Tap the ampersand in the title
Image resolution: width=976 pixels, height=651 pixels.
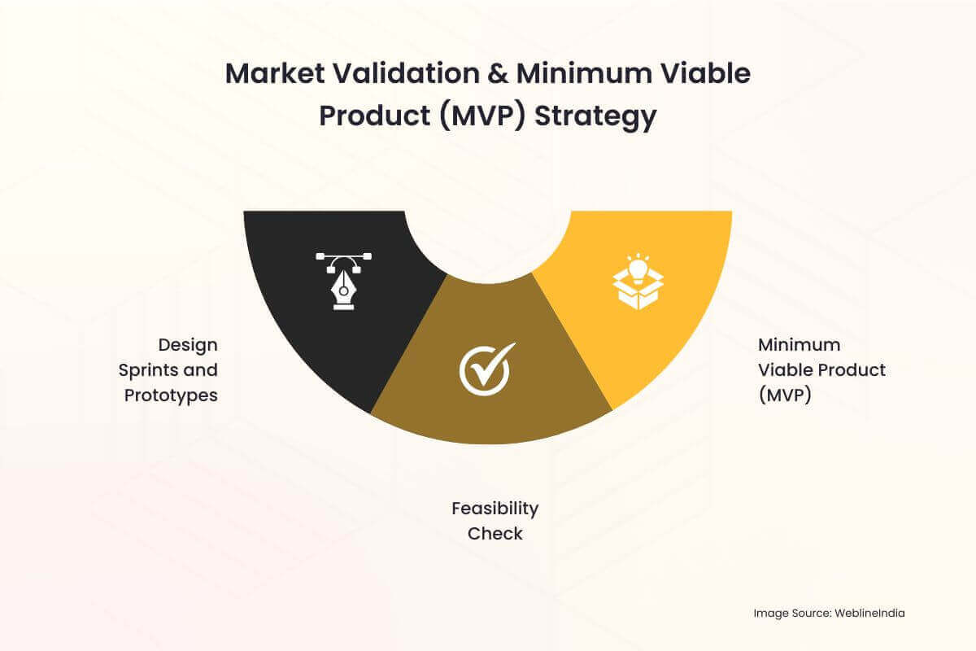[x=498, y=73]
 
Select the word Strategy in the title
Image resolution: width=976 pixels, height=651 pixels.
[x=595, y=116]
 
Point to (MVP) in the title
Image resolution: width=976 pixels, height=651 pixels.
[x=482, y=116]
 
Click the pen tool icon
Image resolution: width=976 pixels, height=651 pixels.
[x=343, y=282]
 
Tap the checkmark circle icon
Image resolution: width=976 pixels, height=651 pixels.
[x=487, y=369]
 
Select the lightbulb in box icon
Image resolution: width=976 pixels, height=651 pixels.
[x=638, y=282]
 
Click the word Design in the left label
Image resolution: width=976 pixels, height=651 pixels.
[x=188, y=345]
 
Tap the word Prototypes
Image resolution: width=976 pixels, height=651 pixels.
[x=171, y=396]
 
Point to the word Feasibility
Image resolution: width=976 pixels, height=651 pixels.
[x=495, y=509]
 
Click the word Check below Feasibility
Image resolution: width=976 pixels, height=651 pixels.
[x=495, y=534]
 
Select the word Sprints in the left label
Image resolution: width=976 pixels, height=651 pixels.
[x=147, y=370]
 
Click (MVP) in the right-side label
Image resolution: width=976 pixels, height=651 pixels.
[x=785, y=395]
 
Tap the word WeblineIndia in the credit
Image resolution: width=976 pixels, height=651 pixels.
[x=869, y=613]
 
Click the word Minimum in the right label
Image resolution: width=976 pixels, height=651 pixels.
[x=800, y=345]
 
